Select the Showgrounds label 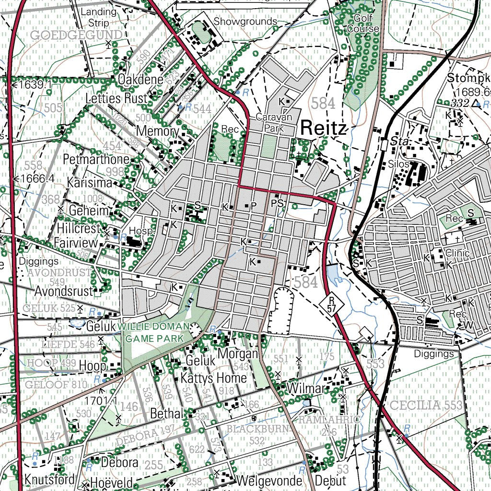245,22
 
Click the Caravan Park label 270,123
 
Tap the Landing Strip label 98,17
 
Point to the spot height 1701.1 101,400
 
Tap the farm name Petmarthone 96,159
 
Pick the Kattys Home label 214,378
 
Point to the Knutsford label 49,479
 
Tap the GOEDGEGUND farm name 76,35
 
